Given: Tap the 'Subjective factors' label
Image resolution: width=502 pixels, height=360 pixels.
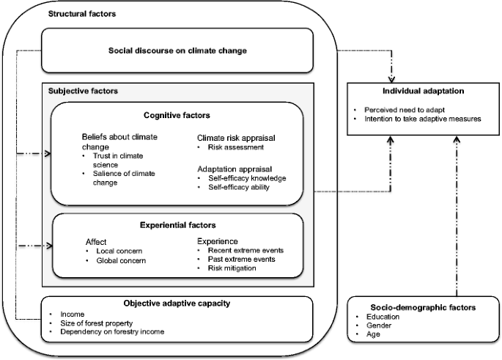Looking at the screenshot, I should [82, 91].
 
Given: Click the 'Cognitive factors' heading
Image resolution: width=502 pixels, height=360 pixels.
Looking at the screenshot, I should [177, 115].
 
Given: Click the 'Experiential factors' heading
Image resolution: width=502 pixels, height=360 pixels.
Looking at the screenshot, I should [177, 225].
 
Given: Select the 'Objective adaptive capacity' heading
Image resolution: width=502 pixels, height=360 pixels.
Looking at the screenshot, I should [177, 302].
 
